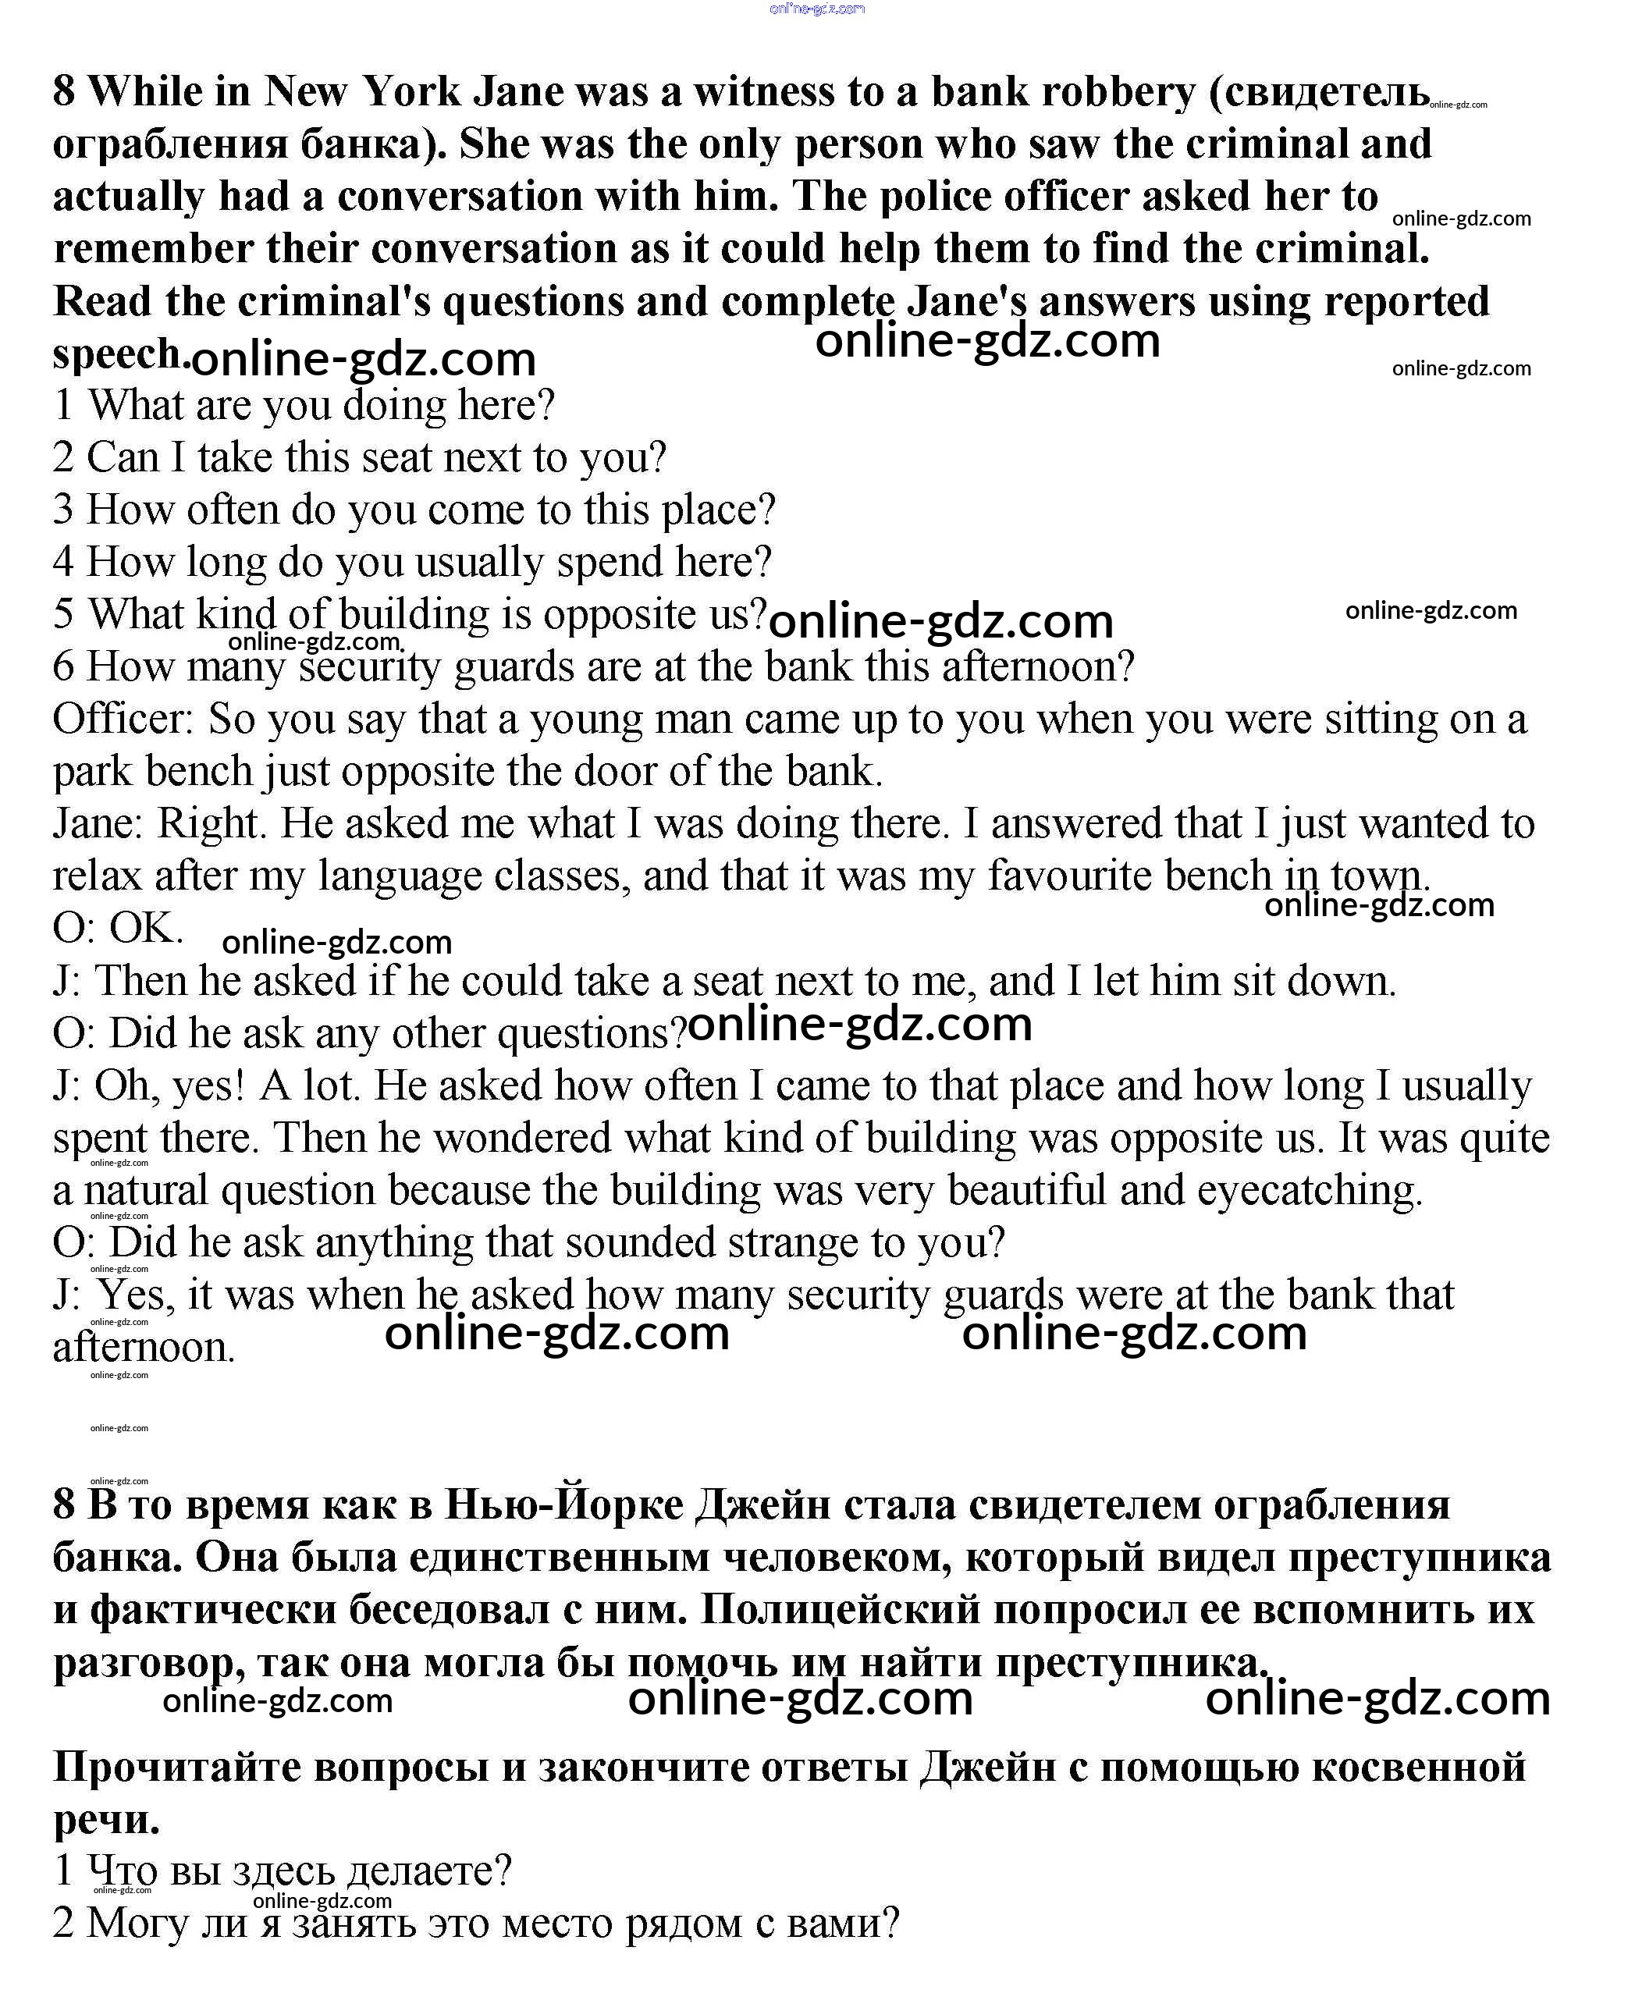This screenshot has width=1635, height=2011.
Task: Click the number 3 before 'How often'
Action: click(63, 510)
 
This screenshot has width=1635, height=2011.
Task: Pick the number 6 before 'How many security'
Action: click(63, 666)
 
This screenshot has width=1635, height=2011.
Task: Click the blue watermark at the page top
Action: click(816, 9)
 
